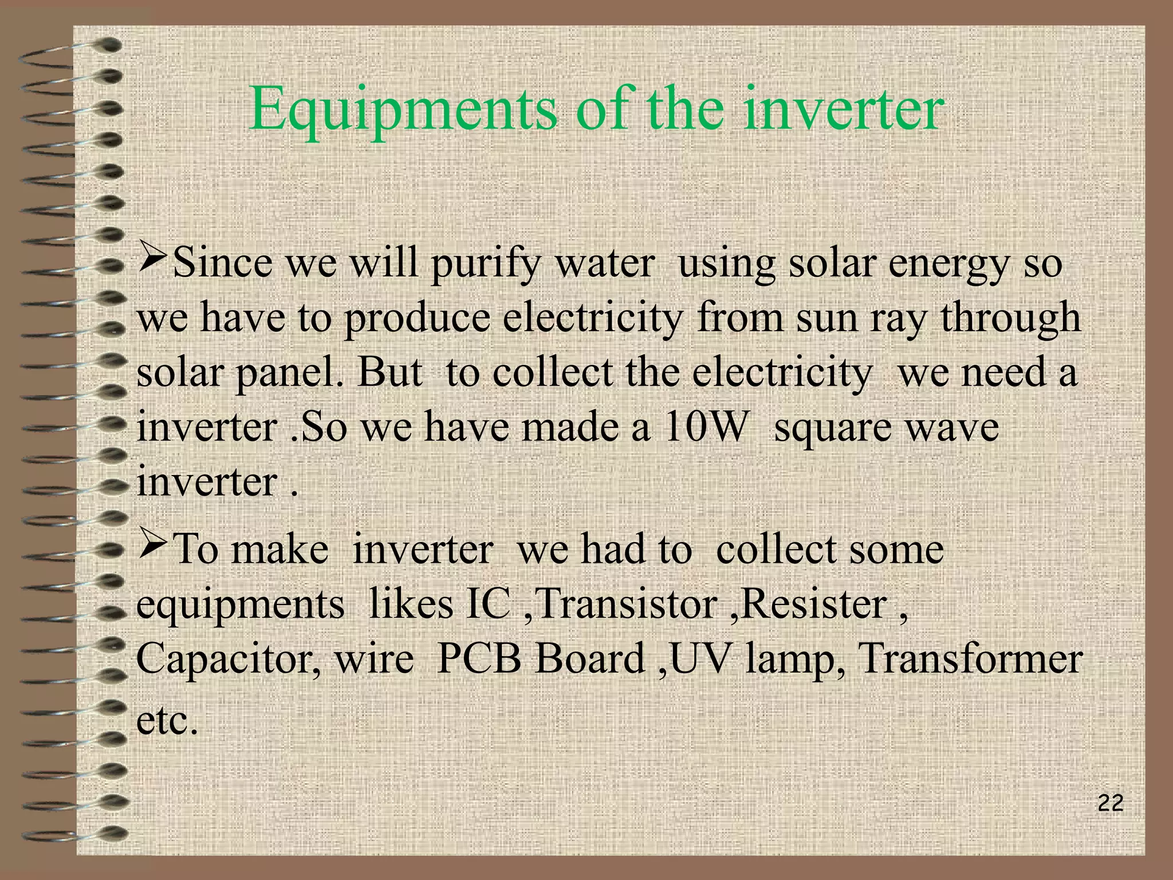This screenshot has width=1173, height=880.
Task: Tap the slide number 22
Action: (1111, 804)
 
